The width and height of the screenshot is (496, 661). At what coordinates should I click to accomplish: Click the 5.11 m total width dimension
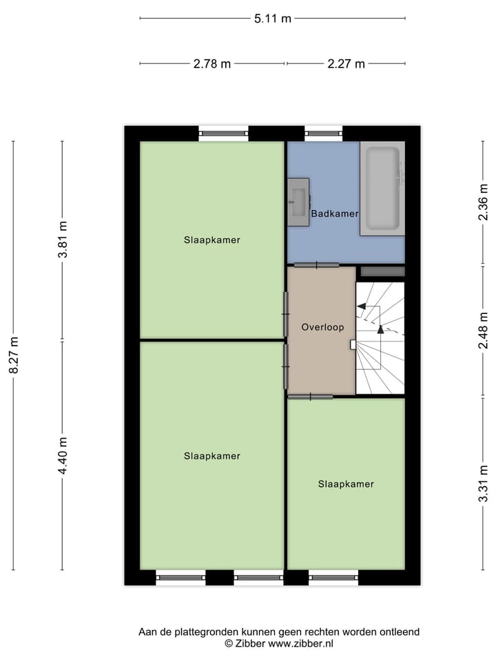tap(272, 19)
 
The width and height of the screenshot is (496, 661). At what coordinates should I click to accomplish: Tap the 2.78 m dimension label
tap(211, 64)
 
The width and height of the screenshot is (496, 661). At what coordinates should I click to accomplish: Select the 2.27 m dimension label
tap(346, 64)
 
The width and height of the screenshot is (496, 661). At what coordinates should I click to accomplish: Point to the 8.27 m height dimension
tap(13, 355)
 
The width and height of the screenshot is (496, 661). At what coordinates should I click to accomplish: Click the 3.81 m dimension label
tap(63, 240)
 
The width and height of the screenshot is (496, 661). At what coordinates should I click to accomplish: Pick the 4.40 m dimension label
tap(63, 456)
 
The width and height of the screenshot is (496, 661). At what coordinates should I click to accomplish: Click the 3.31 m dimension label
tap(484, 484)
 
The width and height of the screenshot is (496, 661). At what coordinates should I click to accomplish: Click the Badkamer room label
tap(335, 214)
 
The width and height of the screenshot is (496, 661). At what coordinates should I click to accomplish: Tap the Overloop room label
tap(322, 328)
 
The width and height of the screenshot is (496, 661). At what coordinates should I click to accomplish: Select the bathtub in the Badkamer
tap(382, 188)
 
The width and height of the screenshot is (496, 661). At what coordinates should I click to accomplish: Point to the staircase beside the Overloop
tap(380, 337)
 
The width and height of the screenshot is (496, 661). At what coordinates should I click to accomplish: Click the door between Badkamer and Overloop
tap(316, 265)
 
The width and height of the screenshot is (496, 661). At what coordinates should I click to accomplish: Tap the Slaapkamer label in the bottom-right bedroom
tap(346, 484)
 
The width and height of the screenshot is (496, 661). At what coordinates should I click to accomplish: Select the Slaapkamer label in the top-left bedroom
tap(211, 240)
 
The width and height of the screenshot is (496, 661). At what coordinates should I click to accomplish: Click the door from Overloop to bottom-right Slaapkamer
tap(310, 397)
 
